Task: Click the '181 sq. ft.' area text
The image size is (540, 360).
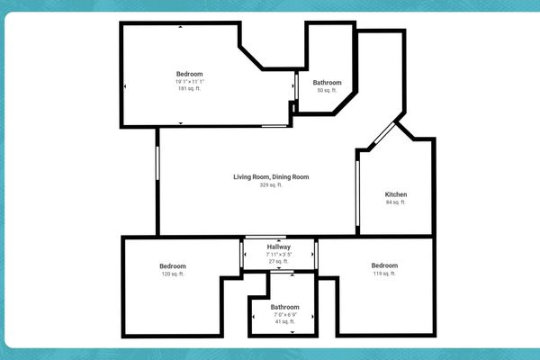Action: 190,89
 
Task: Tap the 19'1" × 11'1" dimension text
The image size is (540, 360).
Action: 190,82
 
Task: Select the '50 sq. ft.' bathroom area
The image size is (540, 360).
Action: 327,90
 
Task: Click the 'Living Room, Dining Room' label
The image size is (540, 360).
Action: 271,177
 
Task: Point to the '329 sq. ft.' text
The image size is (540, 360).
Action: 271,185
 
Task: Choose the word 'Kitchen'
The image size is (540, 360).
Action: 396,194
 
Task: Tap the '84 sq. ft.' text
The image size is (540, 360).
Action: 396,202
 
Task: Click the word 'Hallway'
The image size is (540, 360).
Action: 279,247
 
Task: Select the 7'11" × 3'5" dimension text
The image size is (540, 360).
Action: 279,255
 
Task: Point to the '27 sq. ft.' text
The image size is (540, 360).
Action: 279,262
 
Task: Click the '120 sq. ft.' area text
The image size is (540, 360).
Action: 172,274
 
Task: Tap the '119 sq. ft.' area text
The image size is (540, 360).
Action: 384,274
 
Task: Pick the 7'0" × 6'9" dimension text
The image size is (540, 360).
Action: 285,314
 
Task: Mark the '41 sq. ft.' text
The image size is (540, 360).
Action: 285,321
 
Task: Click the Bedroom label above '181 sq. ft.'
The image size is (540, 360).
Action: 190,74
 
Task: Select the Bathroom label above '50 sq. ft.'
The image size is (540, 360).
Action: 327,82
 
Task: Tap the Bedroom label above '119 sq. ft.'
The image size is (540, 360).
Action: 384,265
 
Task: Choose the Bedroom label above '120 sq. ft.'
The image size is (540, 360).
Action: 172,265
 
